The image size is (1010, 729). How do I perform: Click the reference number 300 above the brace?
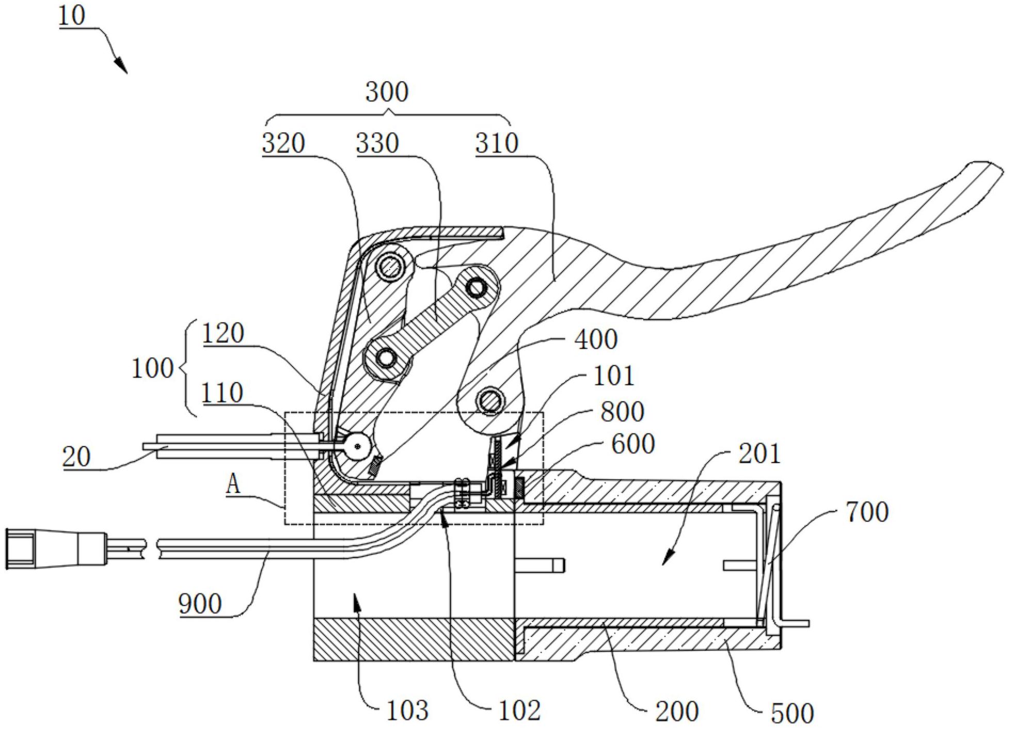(x=387, y=92)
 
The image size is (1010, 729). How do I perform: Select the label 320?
(x=283, y=143)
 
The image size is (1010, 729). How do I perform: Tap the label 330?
(x=377, y=143)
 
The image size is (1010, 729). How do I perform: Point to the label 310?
(x=497, y=143)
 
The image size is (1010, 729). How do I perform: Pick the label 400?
(x=596, y=339)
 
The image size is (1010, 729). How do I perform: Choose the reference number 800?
(x=623, y=411)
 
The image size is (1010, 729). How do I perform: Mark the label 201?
(x=760, y=453)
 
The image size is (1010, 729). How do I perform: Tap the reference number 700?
(x=867, y=512)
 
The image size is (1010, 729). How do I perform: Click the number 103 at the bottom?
(x=407, y=710)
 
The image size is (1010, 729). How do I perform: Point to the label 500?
(x=792, y=713)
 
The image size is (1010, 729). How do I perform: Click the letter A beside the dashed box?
(x=233, y=484)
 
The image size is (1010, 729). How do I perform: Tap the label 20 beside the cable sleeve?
(x=76, y=457)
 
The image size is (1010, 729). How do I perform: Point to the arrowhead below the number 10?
(x=120, y=65)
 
